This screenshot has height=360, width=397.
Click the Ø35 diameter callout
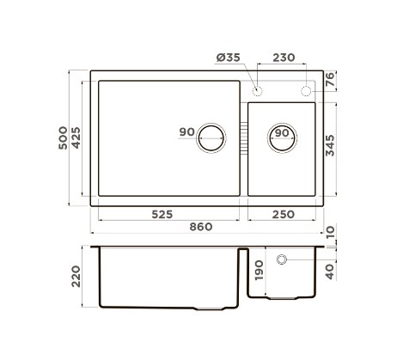pos(229,58)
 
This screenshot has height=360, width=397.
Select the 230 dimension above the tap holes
pos(284,58)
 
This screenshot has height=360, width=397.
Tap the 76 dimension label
pos(330,79)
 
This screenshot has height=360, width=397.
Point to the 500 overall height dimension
pos(63,137)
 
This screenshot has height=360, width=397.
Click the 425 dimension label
pos(76,137)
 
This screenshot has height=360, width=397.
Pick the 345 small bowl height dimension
pos(330,145)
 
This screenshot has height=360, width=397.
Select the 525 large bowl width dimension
pos(162,214)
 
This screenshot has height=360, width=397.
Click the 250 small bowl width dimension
pos(284,214)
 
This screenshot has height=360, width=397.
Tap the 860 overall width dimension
pos(201,227)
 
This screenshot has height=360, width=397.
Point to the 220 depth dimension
pos(76,277)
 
